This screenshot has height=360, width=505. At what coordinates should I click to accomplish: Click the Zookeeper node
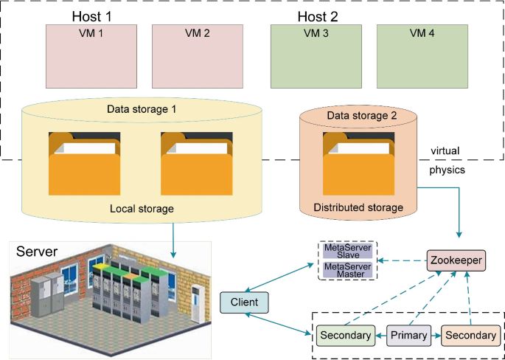[456, 260]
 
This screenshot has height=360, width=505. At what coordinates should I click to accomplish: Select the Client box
[244, 302]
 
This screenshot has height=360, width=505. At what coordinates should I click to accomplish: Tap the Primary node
[408, 336]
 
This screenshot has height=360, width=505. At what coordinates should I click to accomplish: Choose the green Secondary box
[346, 336]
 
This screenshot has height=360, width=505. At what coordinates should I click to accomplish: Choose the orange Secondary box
[471, 336]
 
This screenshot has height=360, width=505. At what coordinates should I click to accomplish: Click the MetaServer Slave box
[346, 252]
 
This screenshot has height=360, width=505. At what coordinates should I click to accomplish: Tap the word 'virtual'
[445, 150]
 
